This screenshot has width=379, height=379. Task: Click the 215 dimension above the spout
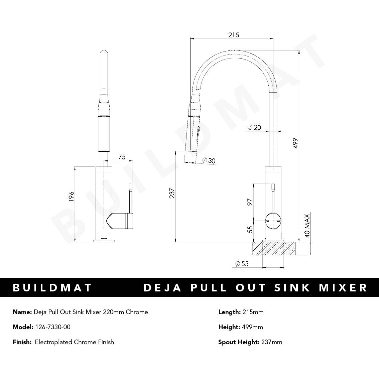pos(234,35)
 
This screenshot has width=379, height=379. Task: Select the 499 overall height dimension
pos(295,143)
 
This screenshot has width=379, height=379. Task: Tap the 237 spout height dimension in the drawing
pos(172,193)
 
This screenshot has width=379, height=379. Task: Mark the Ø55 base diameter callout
pos(242,264)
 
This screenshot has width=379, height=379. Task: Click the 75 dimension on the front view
pos(122,157)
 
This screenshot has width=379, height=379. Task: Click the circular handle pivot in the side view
pos(273,221)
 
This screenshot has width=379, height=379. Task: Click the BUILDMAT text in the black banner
pos(52,287)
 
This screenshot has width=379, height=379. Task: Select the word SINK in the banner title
pos(292,287)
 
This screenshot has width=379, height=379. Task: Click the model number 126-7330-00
pos(52,327)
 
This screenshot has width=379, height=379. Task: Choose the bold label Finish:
pos(22,342)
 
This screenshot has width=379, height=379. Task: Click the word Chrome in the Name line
pos(137,312)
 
